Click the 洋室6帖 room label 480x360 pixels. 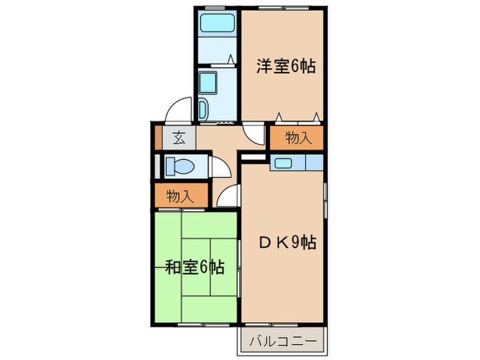285,67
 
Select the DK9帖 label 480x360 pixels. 287,242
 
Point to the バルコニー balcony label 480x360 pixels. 282,340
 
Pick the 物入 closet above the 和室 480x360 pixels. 180,196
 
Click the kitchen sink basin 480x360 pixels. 283,163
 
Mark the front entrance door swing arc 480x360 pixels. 179,110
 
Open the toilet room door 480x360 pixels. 220,167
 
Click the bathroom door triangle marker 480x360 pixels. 231,60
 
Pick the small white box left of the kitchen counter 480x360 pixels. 252,160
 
